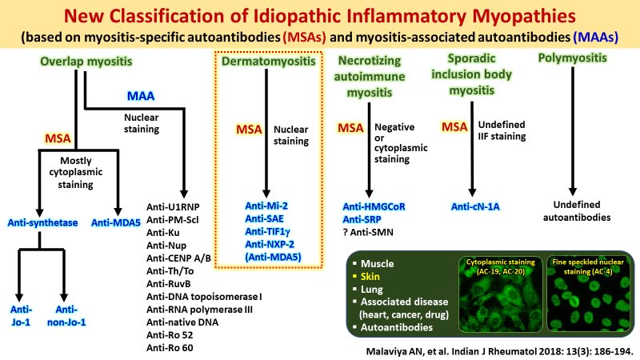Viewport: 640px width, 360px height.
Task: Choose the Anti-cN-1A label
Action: (x=478, y=206)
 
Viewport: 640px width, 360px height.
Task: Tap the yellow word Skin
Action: (x=376, y=276)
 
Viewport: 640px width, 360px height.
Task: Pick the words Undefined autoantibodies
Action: (x=572, y=210)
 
